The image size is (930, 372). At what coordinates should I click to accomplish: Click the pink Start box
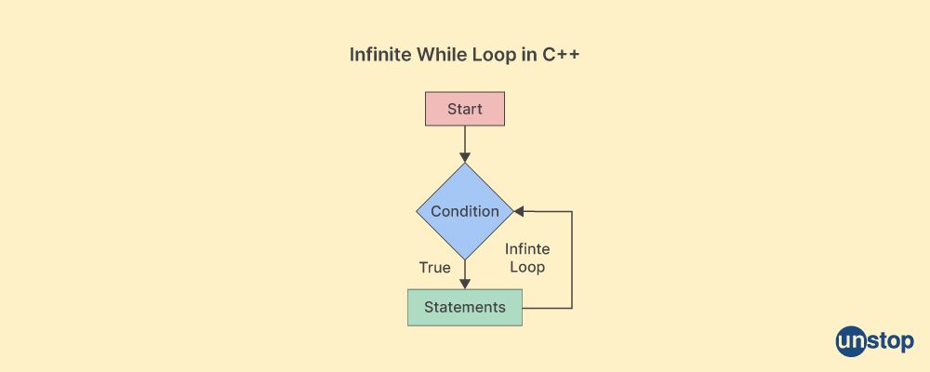(465, 109)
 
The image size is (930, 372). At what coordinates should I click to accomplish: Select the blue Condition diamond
(465, 211)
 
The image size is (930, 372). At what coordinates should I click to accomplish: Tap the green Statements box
(465, 307)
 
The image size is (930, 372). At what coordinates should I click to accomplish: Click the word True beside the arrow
(434, 268)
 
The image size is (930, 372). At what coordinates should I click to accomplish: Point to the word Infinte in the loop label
(527, 249)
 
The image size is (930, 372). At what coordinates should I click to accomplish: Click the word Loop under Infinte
(527, 267)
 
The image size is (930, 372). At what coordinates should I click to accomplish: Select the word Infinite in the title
(379, 55)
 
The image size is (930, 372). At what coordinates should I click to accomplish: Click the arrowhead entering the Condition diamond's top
(465, 157)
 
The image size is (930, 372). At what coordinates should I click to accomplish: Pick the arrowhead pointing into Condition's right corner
(519, 211)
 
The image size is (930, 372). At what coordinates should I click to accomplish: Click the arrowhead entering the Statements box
(465, 284)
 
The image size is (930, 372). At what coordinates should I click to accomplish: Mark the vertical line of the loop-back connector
(572, 259)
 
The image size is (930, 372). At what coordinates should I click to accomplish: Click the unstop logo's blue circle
(851, 341)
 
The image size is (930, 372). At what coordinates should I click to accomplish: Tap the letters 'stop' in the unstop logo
(890, 343)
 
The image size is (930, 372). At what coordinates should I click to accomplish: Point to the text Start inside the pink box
(465, 109)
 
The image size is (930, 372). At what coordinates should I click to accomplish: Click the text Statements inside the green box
(465, 307)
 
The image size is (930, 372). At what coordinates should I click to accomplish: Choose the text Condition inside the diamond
(465, 211)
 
